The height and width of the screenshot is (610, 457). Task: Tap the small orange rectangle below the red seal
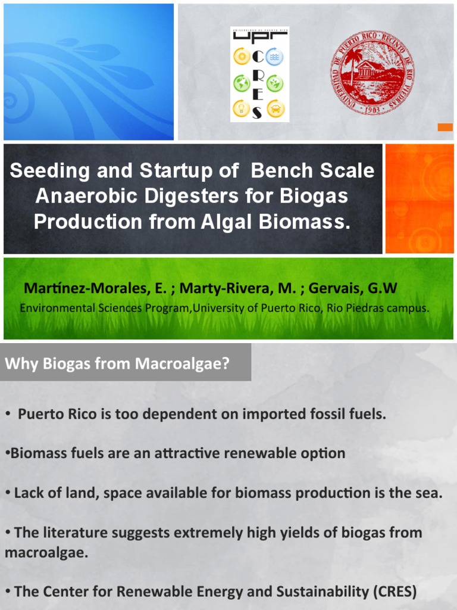(x=445, y=127)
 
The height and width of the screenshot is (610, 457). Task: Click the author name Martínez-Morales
(x=87, y=289)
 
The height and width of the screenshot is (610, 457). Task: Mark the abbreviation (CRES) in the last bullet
(x=388, y=592)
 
